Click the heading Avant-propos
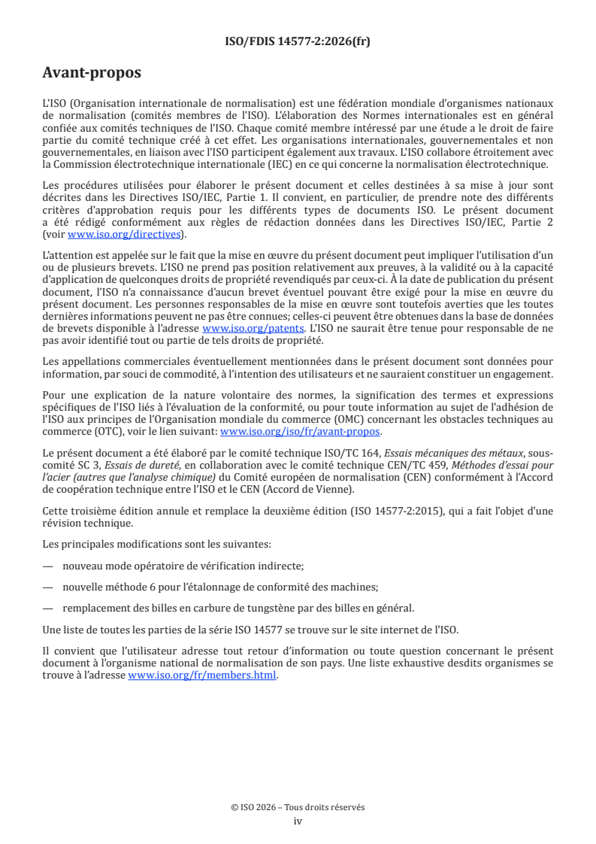92,73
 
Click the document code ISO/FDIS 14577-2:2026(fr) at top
298,41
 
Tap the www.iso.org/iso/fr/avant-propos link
300,432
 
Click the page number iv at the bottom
298,821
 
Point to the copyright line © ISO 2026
298,807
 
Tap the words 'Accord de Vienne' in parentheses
312,490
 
